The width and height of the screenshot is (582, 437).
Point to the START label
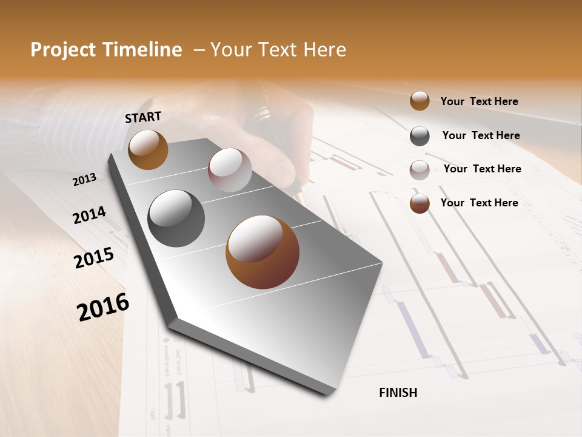point(143,117)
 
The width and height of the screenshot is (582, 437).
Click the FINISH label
point(398,393)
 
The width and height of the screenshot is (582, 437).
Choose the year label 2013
point(85,180)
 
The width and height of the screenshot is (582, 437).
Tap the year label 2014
point(90,215)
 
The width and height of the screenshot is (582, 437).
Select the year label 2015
point(94,258)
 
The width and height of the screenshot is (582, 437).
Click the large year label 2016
point(103,307)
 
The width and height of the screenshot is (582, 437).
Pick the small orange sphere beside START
point(148,149)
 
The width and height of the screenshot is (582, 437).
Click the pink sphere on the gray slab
point(230,170)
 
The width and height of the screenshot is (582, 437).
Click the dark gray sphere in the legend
point(420,136)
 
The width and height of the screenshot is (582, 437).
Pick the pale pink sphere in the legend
point(420,170)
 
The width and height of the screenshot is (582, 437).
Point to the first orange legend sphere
point(420,101)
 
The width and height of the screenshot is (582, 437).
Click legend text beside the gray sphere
point(481,135)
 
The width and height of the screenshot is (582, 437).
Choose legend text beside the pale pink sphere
point(482,169)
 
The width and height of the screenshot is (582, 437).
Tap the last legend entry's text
point(479,203)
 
